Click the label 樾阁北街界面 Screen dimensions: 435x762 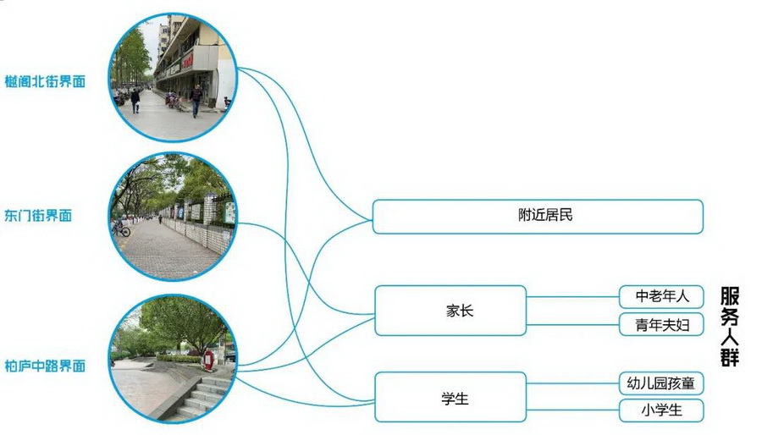coord(45,82)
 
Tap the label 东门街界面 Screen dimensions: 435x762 coord(38,216)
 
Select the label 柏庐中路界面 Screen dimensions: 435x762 coord(45,366)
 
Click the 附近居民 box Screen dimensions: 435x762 coord(538,216)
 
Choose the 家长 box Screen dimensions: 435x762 coord(450,311)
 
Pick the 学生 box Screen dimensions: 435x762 coord(450,398)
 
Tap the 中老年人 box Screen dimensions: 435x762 coord(661,296)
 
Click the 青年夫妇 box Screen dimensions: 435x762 coord(661,324)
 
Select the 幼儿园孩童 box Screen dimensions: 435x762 coord(661,383)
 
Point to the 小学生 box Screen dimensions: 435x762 coord(661,411)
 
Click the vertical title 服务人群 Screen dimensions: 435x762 coord(730,326)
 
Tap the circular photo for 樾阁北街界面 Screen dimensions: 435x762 coord(174,78)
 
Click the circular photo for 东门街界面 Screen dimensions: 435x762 coord(174,217)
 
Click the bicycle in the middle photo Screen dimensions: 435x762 coord(121,229)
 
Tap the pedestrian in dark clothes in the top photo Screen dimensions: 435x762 coord(196,100)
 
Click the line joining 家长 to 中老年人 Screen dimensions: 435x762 coord(572,297)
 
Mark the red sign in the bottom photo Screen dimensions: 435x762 coord(208,360)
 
